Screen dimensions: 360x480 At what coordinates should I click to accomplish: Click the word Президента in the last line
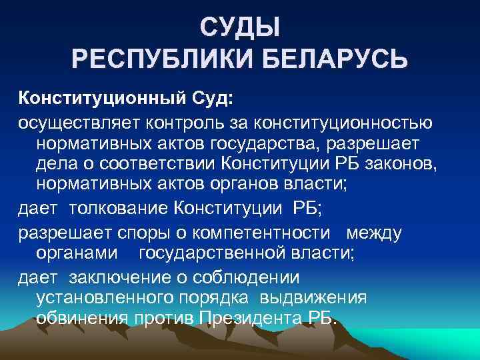point(252,317)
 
